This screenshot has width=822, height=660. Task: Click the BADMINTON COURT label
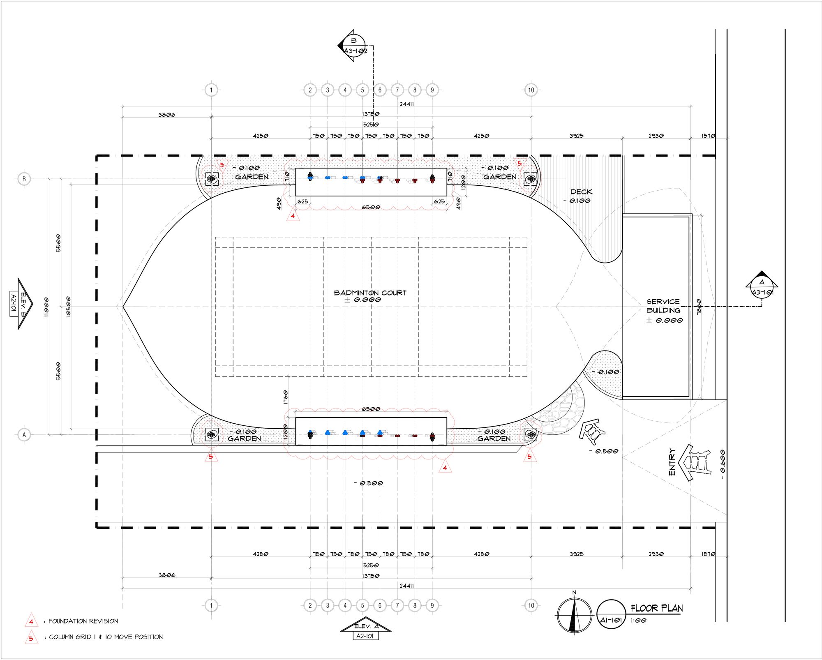pos(370,293)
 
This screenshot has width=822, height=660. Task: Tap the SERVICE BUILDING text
pos(663,306)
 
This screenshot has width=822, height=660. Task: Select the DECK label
pos(581,192)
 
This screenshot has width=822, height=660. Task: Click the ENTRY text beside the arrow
pos(672,462)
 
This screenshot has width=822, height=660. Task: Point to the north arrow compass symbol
pos(574,615)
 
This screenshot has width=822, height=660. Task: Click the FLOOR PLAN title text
pos(657,608)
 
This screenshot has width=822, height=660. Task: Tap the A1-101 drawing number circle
pos(611,615)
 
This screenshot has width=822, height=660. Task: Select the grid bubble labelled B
pos(24,179)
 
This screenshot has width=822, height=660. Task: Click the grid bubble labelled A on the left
pos(24,435)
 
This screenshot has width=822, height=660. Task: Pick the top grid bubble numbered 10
pos(531,90)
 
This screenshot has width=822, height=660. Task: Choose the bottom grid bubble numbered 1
pos(211,605)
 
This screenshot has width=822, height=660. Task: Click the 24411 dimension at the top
pos(406,104)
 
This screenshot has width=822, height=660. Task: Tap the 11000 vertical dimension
pos(46,307)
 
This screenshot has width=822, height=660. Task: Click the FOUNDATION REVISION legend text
pos(83,621)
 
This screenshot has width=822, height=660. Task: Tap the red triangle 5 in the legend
pos(31,638)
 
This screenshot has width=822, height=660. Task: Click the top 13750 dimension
pos(371,114)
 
